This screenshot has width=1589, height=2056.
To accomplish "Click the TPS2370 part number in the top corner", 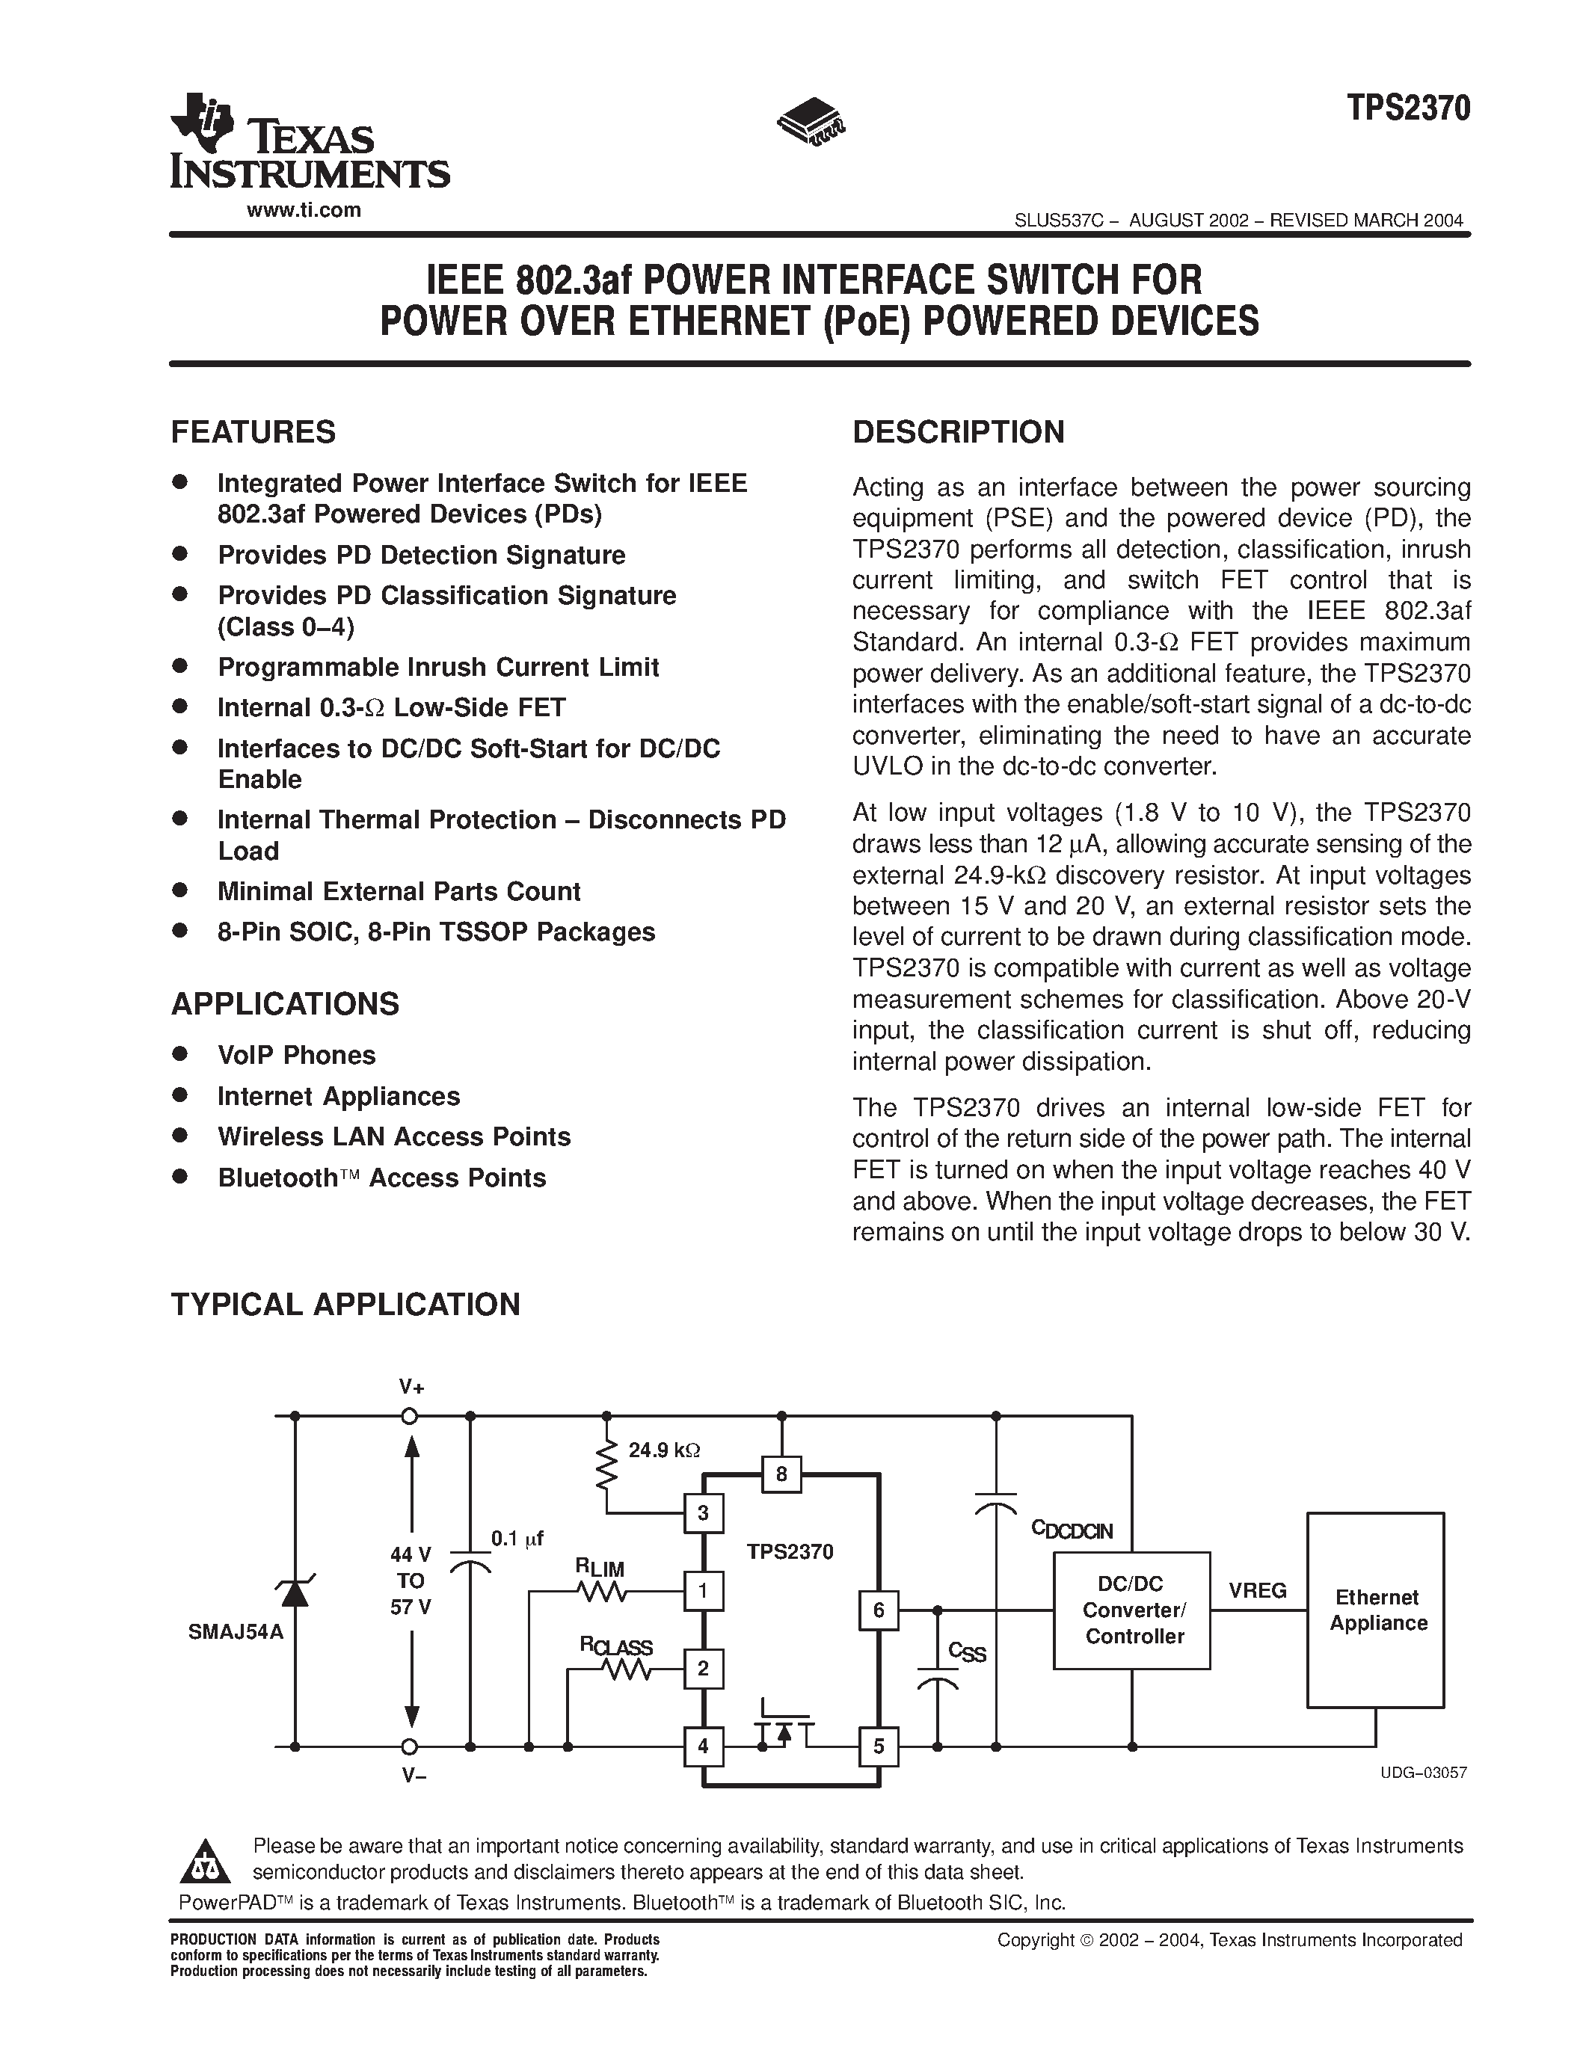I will [x=1407, y=109].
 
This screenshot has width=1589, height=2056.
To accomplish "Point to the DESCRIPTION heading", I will [x=959, y=432].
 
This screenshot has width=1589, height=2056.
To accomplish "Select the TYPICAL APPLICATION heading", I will [x=345, y=1305].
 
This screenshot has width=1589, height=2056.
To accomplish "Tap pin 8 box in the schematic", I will [x=781, y=1474].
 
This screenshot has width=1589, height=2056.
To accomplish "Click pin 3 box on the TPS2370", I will [x=703, y=1514].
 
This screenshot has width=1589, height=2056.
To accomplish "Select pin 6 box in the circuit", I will [x=879, y=1610].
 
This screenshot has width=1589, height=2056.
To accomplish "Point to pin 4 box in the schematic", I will [x=703, y=1747].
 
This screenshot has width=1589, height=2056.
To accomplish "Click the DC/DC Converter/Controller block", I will [x=1131, y=1610].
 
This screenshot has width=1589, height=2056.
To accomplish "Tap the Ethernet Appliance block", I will [x=1375, y=1610].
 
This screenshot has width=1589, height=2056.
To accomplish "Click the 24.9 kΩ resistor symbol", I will [x=607, y=1465].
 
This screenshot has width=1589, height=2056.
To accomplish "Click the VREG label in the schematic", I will [x=1258, y=1591].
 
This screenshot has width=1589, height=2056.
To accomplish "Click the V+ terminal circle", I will [x=410, y=1416].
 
